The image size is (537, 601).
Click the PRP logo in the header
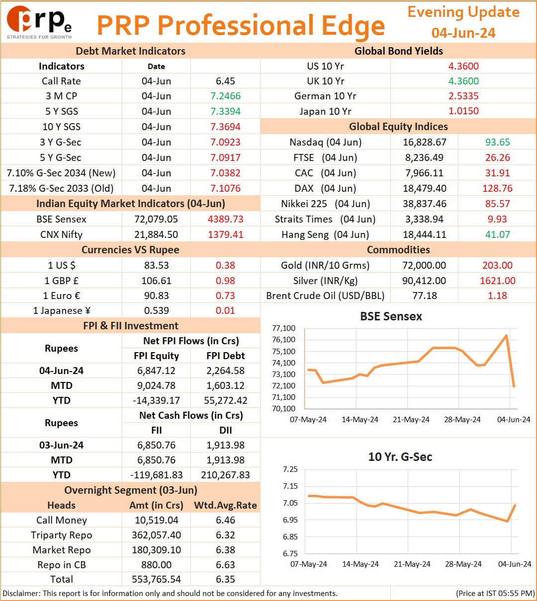39,22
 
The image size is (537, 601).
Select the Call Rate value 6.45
225,81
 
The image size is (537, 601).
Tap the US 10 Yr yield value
463,66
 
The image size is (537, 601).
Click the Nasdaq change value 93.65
497,142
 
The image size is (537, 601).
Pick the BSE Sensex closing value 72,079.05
156,219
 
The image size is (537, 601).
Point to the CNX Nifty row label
61,234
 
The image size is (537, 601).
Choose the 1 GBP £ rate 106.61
156,280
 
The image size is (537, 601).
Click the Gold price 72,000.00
424,265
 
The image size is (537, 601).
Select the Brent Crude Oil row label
325,296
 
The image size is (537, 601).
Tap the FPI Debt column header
225,355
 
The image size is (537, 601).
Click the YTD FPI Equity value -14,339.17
156,400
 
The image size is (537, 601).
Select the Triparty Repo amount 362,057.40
156,534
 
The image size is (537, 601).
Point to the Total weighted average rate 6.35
225,579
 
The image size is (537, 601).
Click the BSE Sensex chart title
391,316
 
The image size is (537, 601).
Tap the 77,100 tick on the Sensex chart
283,328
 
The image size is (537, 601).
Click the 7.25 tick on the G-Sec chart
290,469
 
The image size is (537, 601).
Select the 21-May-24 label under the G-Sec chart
412,564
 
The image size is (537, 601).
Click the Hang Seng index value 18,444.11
424,234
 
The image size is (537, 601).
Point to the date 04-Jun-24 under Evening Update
463,33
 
